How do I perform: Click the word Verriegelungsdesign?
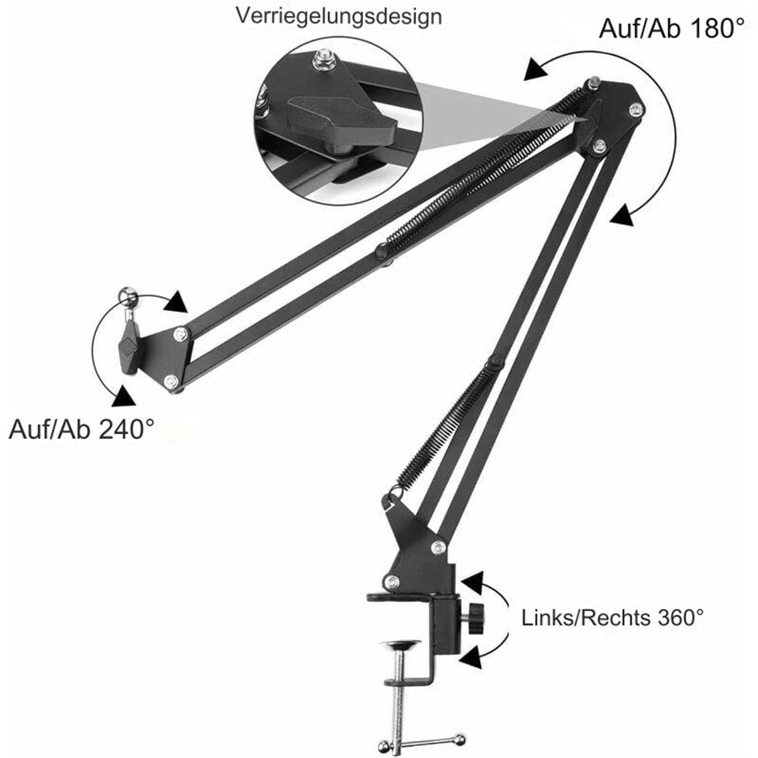click(x=339, y=17)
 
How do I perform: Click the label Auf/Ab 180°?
click(x=671, y=28)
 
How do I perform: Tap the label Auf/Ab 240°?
click(x=81, y=430)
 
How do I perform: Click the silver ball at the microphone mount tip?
click(x=128, y=294)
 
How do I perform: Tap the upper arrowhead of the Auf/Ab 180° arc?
click(x=536, y=70)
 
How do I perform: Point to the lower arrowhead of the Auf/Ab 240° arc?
click(x=124, y=395)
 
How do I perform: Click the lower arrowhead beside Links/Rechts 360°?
click(x=471, y=656)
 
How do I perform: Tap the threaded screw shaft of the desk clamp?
click(x=399, y=692)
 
